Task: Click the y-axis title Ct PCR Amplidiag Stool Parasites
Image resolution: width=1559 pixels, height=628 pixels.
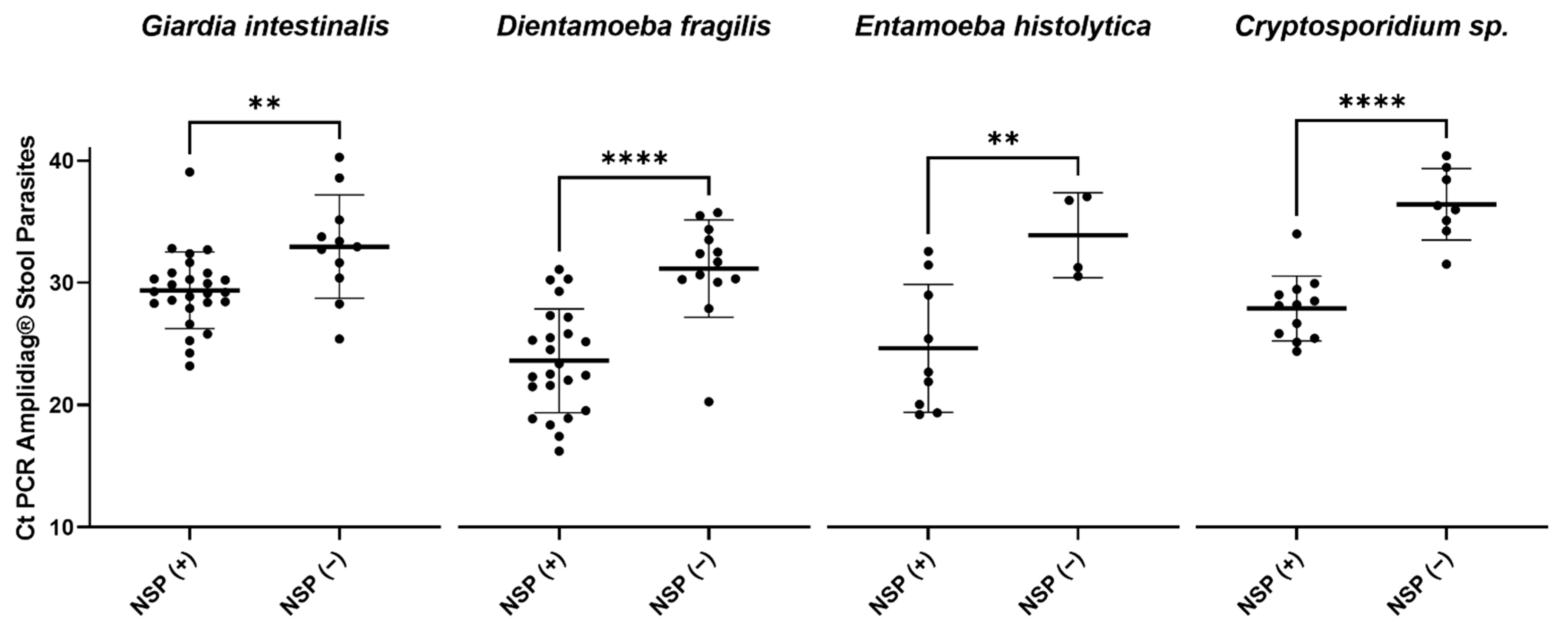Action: (26, 338)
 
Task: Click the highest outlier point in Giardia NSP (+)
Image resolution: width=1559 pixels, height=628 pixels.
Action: (189, 172)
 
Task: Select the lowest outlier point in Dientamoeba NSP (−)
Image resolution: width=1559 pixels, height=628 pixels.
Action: (709, 402)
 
